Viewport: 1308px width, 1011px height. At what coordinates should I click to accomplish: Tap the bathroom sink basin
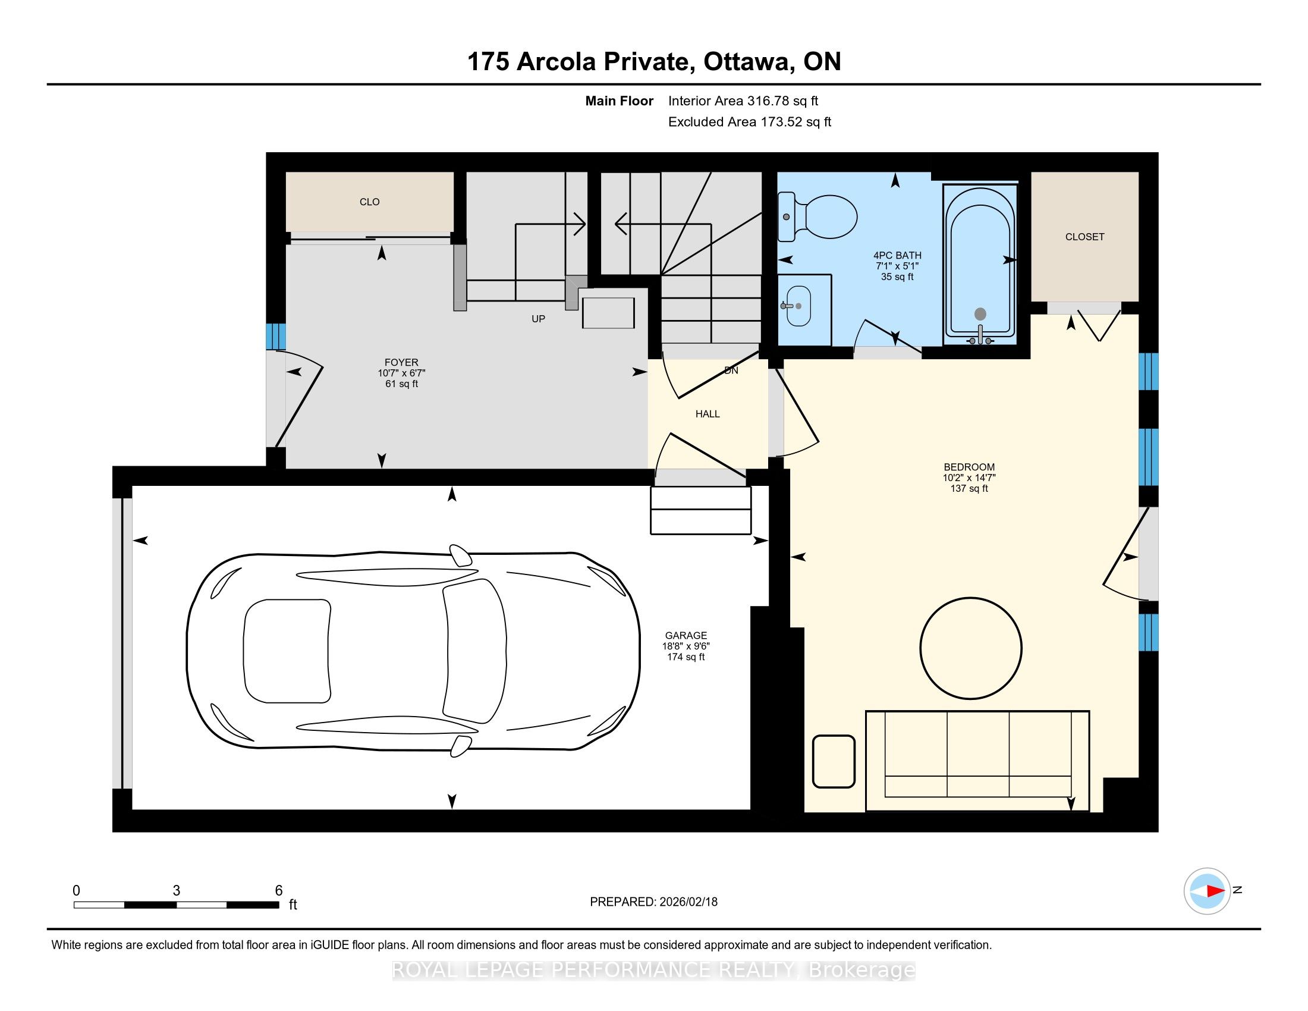(x=798, y=306)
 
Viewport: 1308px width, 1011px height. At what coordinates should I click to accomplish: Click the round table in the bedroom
(x=971, y=648)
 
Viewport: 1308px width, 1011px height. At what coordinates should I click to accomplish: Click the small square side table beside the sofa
(x=834, y=761)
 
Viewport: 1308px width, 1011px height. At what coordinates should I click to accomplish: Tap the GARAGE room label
(x=686, y=636)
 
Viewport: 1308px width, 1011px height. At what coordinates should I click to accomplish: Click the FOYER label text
(x=401, y=362)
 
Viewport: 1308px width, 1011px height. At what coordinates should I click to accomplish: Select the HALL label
(x=708, y=414)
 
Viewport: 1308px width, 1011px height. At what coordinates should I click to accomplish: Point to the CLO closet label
(x=370, y=202)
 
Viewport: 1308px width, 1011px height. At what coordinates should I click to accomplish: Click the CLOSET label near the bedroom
(x=1084, y=237)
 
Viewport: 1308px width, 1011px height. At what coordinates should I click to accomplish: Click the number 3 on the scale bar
(x=176, y=891)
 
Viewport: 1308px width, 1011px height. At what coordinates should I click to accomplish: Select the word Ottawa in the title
(x=746, y=62)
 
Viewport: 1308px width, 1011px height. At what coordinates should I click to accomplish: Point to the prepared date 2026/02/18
(x=687, y=902)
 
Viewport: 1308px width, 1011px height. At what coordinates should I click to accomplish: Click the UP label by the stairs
(x=539, y=319)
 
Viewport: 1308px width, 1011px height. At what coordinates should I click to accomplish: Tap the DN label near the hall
(x=731, y=371)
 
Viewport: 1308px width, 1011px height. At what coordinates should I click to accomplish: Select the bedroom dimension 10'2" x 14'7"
(x=969, y=478)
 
